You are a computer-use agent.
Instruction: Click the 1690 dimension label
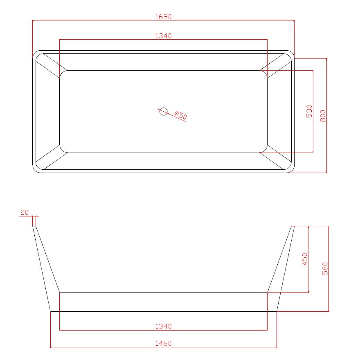click(x=164, y=16)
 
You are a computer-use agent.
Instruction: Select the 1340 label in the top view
click(x=164, y=36)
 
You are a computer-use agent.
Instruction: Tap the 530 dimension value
click(x=309, y=111)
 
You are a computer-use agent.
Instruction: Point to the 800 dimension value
click(x=323, y=116)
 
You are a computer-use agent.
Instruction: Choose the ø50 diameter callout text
click(x=181, y=115)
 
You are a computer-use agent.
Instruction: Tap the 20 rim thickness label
click(x=25, y=212)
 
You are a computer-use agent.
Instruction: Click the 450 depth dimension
click(x=305, y=259)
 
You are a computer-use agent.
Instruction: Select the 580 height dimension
click(x=325, y=269)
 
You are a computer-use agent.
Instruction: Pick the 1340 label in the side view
click(x=164, y=326)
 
